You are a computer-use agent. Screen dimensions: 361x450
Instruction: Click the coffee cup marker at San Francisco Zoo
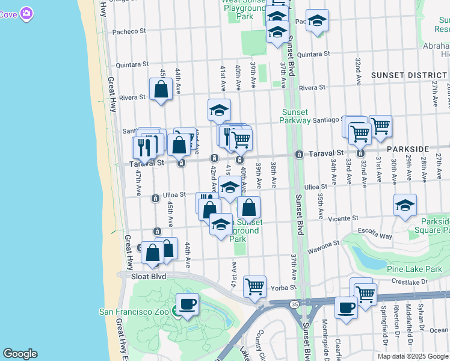pos(187,304)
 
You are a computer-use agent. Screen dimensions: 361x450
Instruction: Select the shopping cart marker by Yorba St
pos(255,287)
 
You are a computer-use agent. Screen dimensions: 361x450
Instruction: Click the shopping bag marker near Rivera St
pos(162,90)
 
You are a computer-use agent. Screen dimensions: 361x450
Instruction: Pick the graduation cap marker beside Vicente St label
pos(405,205)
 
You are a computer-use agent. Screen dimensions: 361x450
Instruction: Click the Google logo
pos(19,354)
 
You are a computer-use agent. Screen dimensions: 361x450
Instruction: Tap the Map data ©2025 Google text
pos(413,356)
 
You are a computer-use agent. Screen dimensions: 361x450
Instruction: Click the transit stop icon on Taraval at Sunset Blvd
pos(298,155)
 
